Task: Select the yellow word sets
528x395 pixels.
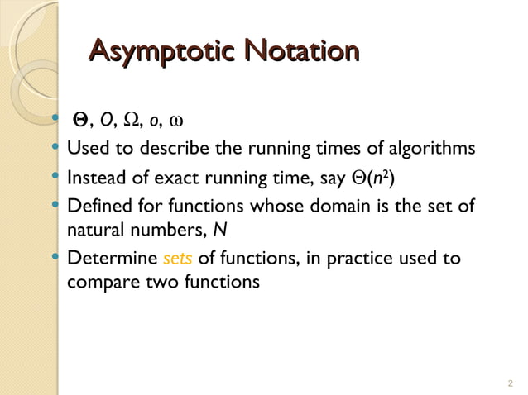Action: [178, 259]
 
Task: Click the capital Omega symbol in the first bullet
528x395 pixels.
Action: [131, 123]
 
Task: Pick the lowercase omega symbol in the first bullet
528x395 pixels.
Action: [175, 124]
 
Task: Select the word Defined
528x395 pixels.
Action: [98, 204]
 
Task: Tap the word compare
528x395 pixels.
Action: [97, 283]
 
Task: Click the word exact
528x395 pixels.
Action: [185, 177]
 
